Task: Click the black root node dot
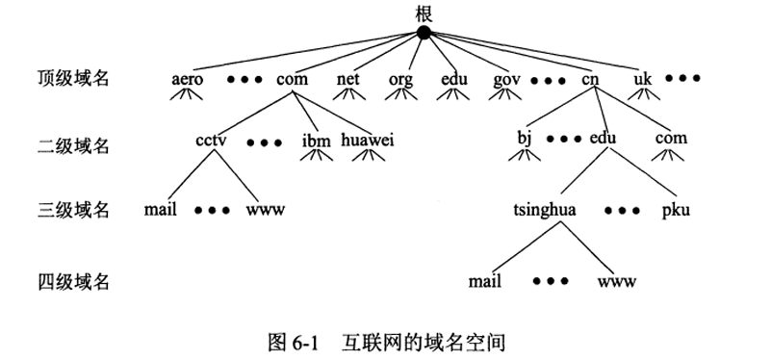pyautogui.click(x=424, y=33)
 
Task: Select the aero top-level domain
pyautogui.click(x=187, y=78)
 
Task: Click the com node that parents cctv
pyautogui.click(x=292, y=78)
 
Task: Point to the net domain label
pyautogui.click(x=348, y=78)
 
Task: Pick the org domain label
pyautogui.click(x=400, y=78)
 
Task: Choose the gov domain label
pyautogui.click(x=506, y=78)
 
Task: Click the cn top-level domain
pyautogui.click(x=590, y=78)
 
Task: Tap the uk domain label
pyautogui.click(x=643, y=78)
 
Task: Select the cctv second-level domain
pyautogui.click(x=210, y=139)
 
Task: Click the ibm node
pyautogui.click(x=316, y=141)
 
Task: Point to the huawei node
pyautogui.click(x=368, y=140)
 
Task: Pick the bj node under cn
pyautogui.click(x=525, y=139)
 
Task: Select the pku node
pyautogui.click(x=676, y=208)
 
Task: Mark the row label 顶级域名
pyautogui.click(x=73, y=78)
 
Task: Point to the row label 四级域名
pyautogui.click(x=73, y=282)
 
